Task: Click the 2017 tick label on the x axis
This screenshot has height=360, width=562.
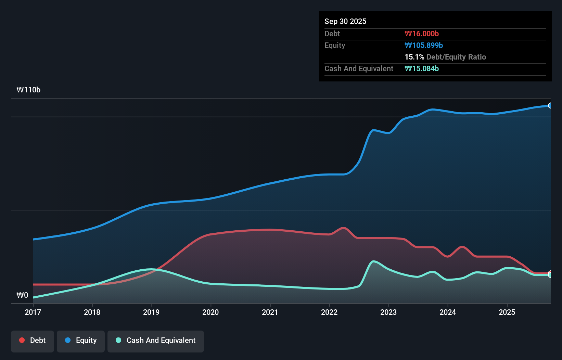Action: (33, 312)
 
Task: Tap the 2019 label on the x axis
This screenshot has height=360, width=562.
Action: (151, 312)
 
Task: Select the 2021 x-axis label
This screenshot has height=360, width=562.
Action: (270, 312)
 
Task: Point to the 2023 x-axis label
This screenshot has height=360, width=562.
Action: (388, 312)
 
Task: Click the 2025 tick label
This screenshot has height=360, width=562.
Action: (507, 312)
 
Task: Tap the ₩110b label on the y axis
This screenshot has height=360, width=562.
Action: (28, 90)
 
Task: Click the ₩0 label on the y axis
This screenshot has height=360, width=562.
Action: (22, 295)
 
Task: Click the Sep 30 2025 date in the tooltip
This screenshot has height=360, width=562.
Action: (345, 21)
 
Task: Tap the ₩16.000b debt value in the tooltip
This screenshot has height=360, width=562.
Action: (422, 34)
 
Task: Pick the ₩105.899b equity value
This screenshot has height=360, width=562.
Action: (424, 45)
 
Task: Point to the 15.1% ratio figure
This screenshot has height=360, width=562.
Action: (414, 57)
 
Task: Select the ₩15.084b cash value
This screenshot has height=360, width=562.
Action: (422, 68)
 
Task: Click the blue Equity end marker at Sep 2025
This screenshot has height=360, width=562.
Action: (550, 105)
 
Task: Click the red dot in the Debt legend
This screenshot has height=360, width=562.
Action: (22, 340)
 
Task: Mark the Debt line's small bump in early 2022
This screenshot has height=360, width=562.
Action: (343, 228)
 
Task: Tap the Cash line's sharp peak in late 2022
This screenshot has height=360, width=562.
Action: (373, 261)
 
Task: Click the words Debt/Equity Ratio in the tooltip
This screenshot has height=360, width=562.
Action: (456, 57)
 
